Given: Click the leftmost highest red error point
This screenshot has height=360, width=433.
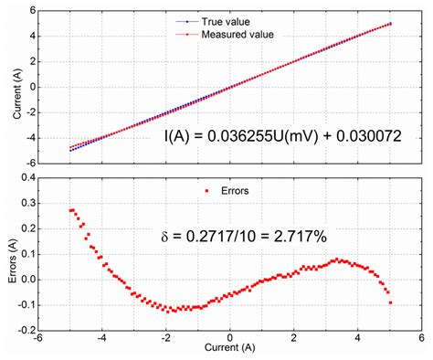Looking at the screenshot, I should point(72,210).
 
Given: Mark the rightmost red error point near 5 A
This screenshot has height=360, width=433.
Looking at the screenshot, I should point(390,302).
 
